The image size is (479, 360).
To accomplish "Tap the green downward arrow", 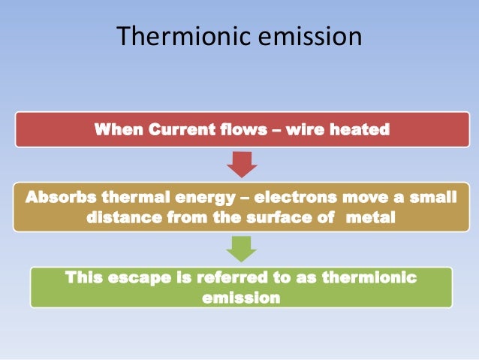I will pos(242,247).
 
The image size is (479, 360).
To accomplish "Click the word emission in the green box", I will pos(241,297).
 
